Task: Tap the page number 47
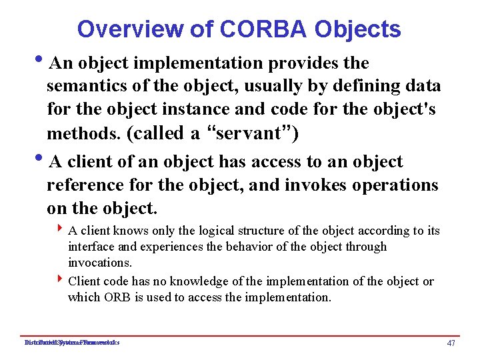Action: pyautogui.click(x=451, y=343)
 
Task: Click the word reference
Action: pyautogui.click(x=87, y=185)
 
